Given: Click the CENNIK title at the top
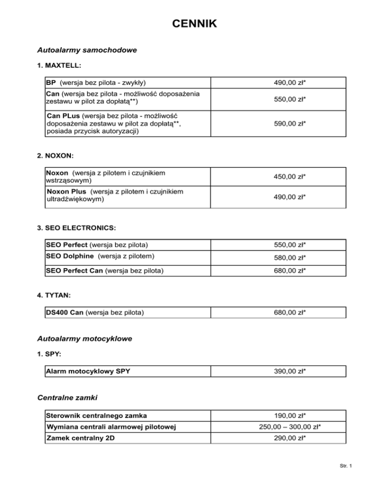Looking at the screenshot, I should [194, 24].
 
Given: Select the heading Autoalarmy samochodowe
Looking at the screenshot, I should [88, 51].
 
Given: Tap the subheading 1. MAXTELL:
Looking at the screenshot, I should [60, 66].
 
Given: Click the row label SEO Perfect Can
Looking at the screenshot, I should [74, 271].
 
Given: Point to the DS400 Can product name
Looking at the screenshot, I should [64, 313].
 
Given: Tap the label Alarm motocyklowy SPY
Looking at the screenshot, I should [88, 372].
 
